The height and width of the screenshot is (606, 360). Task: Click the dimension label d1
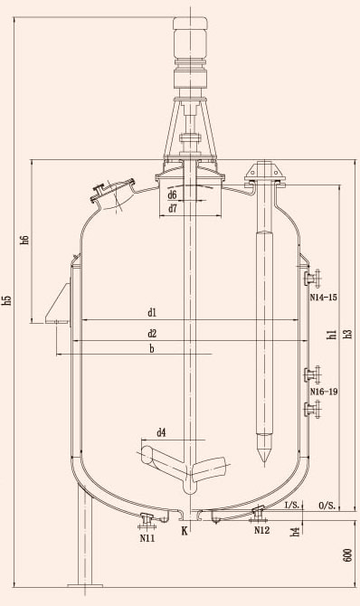click(x=152, y=313)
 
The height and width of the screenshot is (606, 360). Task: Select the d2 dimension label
click(x=152, y=334)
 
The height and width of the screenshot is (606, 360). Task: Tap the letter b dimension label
click(x=152, y=348)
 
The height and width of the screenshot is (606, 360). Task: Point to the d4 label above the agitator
click(x=161, y=433)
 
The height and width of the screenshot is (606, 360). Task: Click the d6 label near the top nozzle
click(x=173, y=194)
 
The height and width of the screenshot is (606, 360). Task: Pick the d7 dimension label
click(x=173, y=209)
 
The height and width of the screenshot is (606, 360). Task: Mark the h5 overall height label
click(x=7, y=300)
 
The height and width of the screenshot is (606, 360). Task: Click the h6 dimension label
click(x=25, y=239)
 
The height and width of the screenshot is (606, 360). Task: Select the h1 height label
click(x=331, y=335)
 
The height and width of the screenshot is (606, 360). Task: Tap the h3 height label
click(x=348, y=335)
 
